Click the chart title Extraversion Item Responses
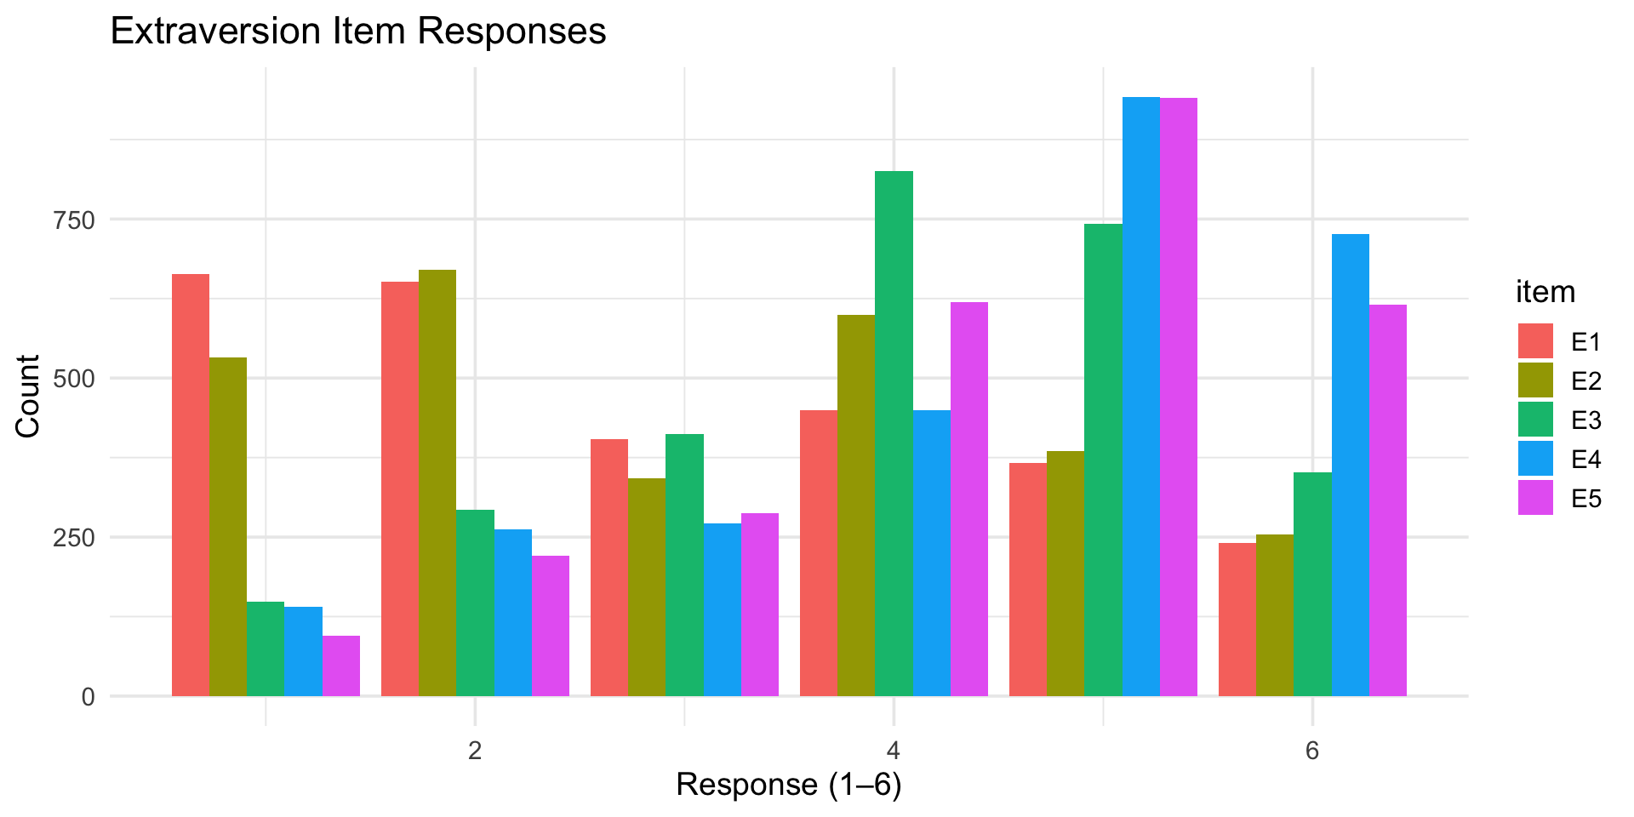[357, 32]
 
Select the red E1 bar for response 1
[191, 485]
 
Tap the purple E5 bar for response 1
[341, 666]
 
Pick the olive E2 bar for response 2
[437, 483]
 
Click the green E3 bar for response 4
[894, 433]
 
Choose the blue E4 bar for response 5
[1141, 397]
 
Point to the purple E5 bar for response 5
[1179, 397]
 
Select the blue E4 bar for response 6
[1351, 465]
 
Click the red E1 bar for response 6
[1237, 620]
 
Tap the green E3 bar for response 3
[684, 565]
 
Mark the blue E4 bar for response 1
[303, 651]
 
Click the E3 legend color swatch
[1535, 420]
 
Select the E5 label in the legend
[1586, 499]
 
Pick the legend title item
[1545, 292]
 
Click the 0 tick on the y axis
[88, 697]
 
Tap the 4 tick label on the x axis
[894, 751]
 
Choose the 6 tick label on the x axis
[1312, 751]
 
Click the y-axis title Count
[29, 397]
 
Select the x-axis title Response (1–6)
[789, 785]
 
